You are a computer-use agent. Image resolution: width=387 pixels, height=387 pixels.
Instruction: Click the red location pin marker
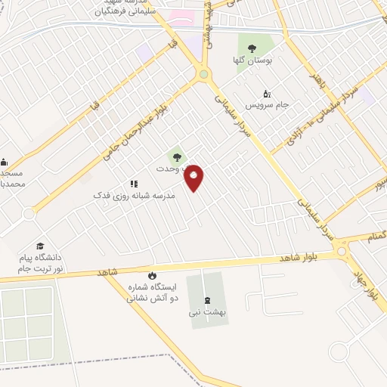click(x=194, y=178)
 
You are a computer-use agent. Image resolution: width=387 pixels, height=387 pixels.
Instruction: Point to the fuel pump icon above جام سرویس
click(x=267, y=94)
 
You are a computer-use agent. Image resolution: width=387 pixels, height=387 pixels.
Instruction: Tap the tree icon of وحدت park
click(x=176, y=157)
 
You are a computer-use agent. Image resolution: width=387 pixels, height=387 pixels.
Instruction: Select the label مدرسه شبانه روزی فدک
click(x=134, y=195)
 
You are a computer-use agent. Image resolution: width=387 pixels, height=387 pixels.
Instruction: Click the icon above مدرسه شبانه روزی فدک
click(x=134, y=183)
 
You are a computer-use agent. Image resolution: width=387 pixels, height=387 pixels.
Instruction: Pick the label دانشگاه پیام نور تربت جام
click(x=41, y=263)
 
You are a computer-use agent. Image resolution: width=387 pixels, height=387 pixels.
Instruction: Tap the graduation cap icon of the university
click(x=39, y=246)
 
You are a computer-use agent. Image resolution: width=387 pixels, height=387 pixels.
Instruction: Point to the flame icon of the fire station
click(x=153, y=276)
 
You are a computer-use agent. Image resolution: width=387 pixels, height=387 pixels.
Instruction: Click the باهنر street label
click(x=318, y=79)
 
